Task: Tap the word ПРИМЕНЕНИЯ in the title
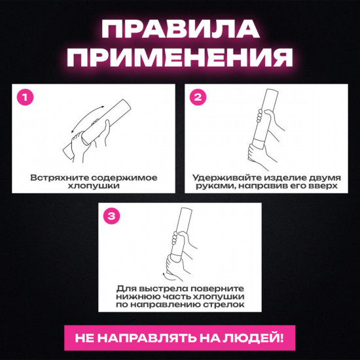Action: tap(179, 58)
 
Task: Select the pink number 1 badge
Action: tap(26, 98)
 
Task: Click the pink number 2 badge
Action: tap(197, 98)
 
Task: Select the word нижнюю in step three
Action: tap(134, 297)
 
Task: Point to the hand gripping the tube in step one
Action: tap(82, 141)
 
